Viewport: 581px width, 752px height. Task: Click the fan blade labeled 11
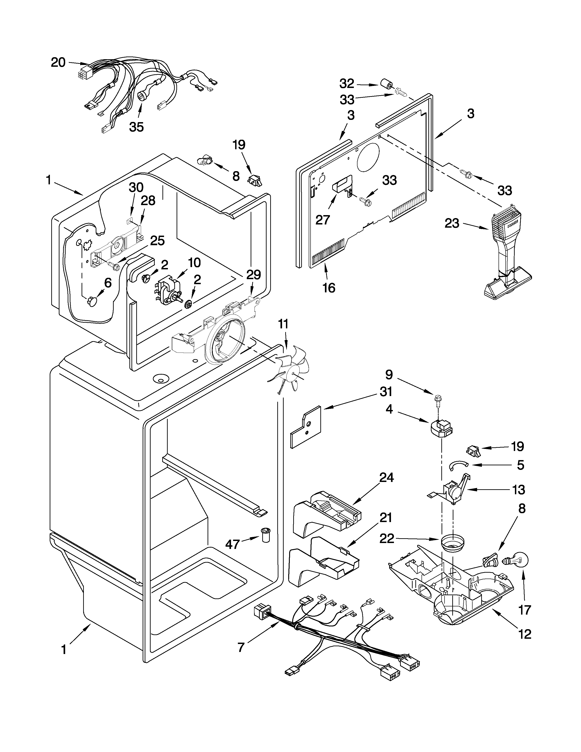click(293, 370)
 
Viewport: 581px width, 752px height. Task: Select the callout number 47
click(232, 544)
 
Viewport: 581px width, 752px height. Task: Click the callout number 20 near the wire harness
click(58, 63)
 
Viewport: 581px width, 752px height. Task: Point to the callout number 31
click(386, 392)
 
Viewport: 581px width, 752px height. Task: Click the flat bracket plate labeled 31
click(305, 427)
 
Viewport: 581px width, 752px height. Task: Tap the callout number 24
click(386, 478)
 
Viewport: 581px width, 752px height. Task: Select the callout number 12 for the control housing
click(524, 634)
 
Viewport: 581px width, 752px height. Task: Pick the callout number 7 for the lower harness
click(241, 647)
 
